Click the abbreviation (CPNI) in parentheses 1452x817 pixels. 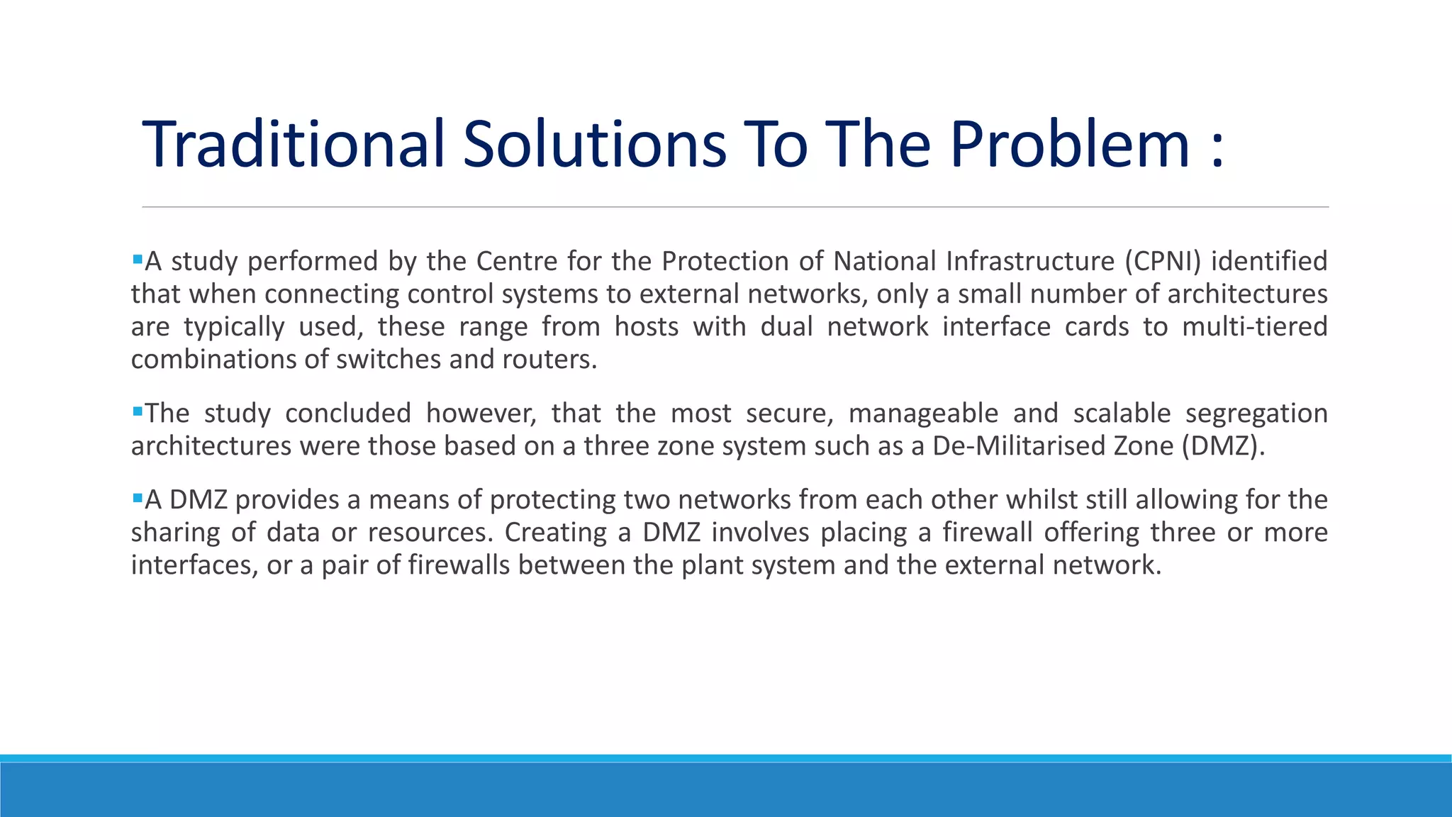pyautogui.click(x=1163, y=261)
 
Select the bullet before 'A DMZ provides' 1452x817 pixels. pyautogui.click(x=138, y=497)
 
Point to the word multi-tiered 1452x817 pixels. pyautogui.click(x=1254, y=326)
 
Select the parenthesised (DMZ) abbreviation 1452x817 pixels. pyautogui.click(x=1223, y=445)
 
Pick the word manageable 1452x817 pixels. pyautogui.click(x=923, y=413)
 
